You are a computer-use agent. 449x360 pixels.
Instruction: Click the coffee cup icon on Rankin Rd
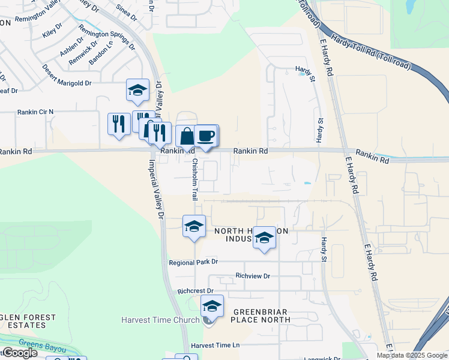point(206,136)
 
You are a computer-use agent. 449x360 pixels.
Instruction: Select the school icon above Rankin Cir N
point(137,91)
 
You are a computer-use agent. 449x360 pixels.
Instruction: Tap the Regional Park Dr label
point(193,263)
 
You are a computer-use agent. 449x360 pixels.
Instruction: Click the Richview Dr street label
point(253,276)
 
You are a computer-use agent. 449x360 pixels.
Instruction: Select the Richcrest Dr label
point(195,291)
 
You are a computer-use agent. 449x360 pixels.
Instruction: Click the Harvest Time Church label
point(160,320)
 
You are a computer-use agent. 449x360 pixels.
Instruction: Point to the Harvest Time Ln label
point(215,346)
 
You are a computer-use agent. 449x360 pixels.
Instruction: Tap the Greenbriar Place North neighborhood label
point(261,316)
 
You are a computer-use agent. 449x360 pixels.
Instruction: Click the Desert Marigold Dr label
point(67,76)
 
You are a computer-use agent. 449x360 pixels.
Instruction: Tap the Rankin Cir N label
point(35,112)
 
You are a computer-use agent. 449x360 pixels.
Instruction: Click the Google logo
point(19,353)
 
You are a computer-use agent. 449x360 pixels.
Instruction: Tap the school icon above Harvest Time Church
point(212,307)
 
